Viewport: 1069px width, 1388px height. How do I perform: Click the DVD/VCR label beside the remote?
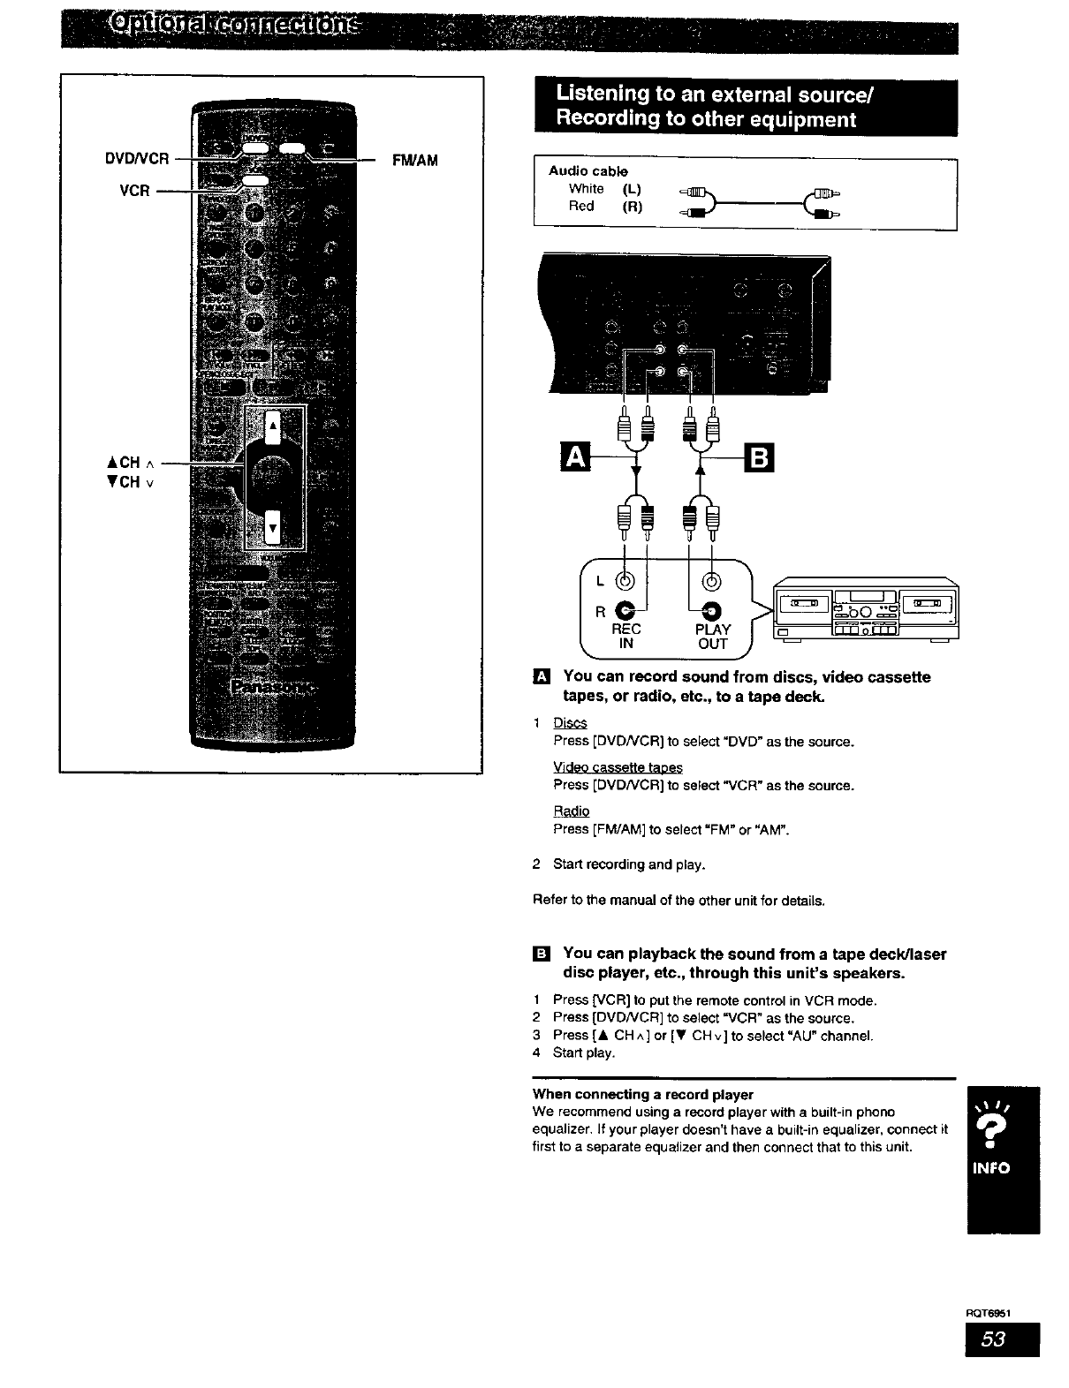pyautogui.click(x=136, y=159)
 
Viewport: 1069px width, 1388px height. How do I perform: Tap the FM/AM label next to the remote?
pyautogui.click(x=414, y=160)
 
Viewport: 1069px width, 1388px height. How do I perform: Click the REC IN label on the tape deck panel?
pyautogui.click(x=625, y=636)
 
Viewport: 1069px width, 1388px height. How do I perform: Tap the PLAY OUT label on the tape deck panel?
pyautogui.click(x=712, y=636)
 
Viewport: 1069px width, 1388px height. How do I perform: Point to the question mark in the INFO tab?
pyautogui.click(x=1003, y=1131)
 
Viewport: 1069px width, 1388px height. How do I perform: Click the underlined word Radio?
pyautogui.click(x=571, y=811)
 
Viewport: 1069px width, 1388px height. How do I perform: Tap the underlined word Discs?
pyautogui.click(x=570, y=724)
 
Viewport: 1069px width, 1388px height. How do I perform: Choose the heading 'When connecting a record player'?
pyautogui.click(x=642, y=1095)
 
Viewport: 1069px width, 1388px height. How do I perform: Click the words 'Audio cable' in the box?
pyautogui.click(x=588, y=170)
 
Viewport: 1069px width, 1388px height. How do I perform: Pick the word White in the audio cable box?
pyautogui.click(x=586, y=189)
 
